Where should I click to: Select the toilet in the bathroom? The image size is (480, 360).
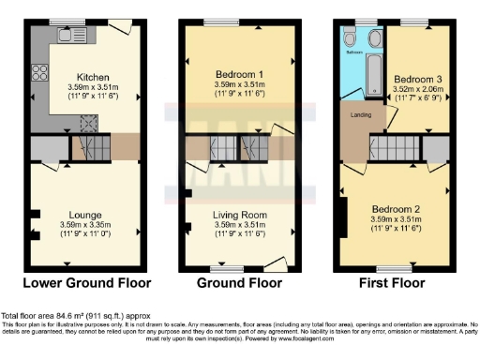coord(349,39)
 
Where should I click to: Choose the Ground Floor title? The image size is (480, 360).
coord(234,282)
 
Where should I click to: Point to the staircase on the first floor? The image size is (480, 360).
coord(393,146)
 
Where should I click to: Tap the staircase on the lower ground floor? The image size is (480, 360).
coord(91,146)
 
